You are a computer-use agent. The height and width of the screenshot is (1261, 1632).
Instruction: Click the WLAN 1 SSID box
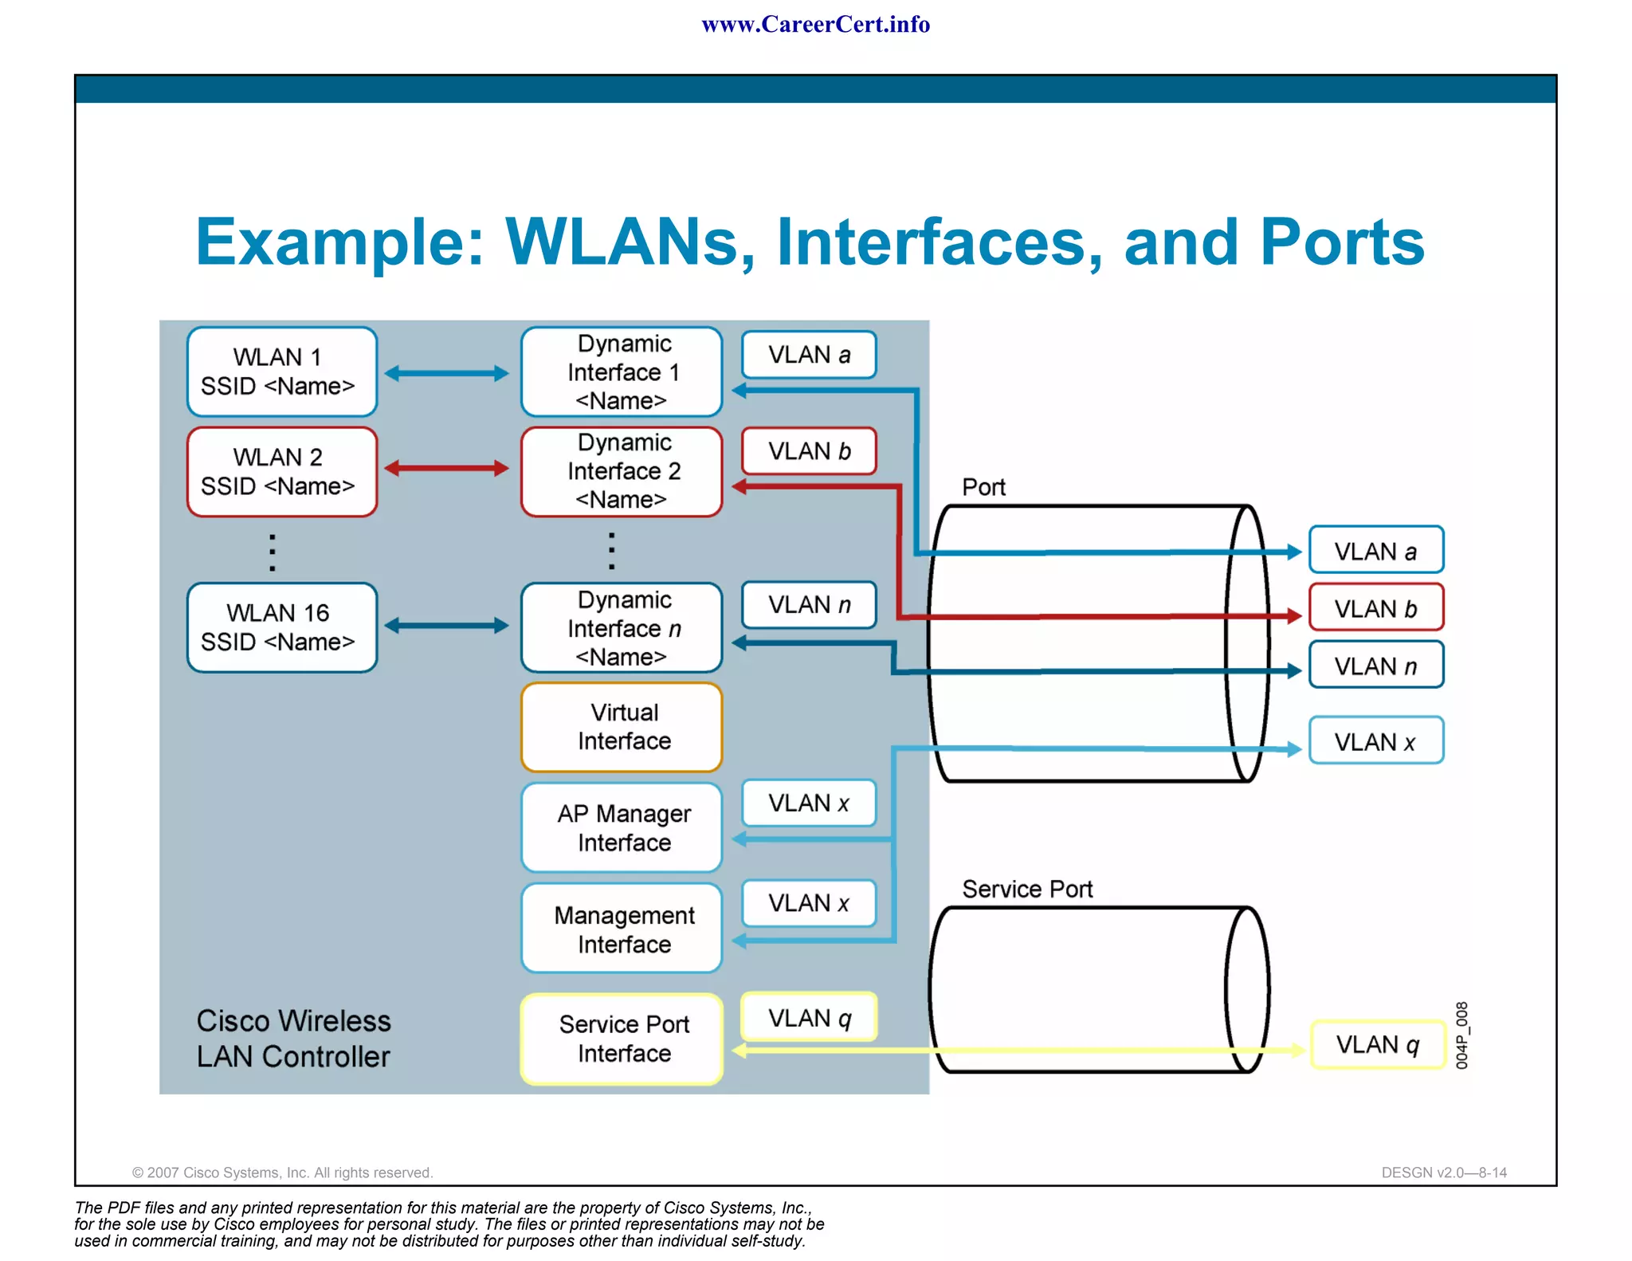281,371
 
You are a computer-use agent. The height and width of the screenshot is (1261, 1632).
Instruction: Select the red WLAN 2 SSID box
281,472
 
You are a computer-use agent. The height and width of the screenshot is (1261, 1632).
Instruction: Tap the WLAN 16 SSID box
281,627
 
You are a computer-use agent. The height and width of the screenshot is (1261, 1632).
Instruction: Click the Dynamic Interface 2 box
622,472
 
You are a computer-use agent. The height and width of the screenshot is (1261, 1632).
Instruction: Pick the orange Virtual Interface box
622,727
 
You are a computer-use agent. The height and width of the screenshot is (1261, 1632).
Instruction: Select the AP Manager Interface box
622,827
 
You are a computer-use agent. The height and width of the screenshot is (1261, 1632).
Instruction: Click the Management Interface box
622,929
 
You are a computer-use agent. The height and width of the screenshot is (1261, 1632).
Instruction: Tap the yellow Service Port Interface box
622,1039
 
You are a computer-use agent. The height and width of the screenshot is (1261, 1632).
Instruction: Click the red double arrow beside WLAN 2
446,468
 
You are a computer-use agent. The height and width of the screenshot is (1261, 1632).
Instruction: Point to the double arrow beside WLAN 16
446,626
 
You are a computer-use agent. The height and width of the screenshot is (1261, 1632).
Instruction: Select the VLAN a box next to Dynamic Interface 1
809,355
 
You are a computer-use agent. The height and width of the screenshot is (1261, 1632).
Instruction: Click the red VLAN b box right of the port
1376,608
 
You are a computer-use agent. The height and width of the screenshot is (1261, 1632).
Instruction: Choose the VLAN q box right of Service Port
1378,1044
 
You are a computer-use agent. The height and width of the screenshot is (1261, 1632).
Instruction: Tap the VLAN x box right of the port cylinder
1376,741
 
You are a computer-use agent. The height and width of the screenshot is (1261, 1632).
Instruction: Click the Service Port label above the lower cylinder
1026,889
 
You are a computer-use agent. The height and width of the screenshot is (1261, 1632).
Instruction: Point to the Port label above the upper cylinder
983,487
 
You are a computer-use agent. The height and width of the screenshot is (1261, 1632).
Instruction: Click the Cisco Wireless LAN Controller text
293,1039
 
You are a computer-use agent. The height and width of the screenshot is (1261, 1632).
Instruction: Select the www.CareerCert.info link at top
815,25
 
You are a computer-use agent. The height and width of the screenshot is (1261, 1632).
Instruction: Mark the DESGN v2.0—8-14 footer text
1443,1173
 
